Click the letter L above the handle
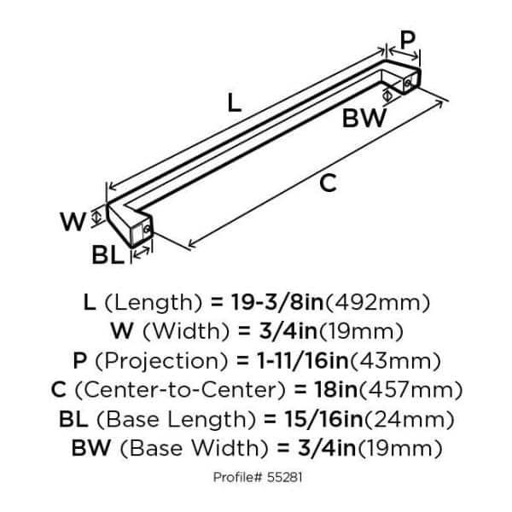234,102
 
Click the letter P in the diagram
408,40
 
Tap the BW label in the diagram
364,118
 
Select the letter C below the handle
328,183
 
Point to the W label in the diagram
73,221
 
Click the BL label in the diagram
108,255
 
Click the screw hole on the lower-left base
147,230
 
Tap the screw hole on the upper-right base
407,84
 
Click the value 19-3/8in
277,302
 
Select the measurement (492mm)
377,303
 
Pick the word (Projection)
161,361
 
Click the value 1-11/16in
303,360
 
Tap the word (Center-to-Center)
180,390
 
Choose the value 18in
335,390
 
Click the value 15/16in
323,419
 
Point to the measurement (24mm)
409,420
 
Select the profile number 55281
284,477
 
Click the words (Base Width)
194,449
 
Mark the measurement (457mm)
410,390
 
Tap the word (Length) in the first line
154,303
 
